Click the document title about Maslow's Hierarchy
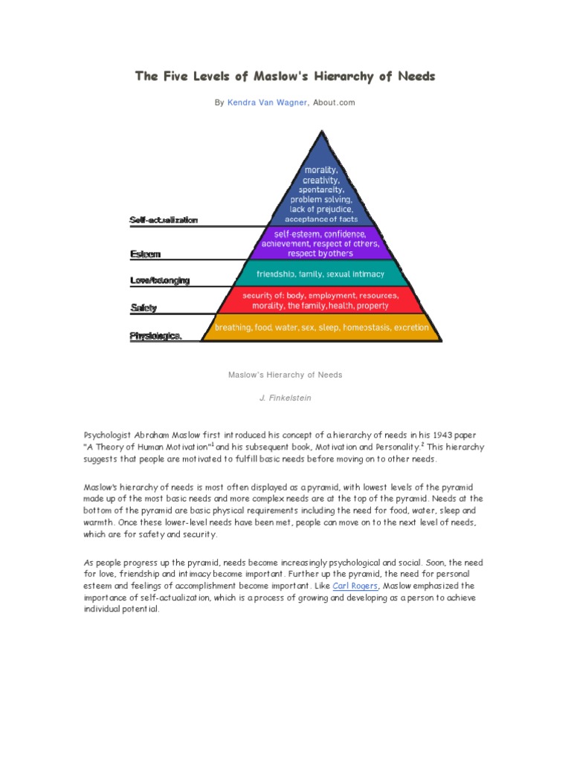285,77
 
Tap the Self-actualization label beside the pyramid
164,221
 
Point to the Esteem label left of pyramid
146,253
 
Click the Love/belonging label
160,280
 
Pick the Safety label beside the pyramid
143,307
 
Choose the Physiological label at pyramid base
155,336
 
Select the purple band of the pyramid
323,243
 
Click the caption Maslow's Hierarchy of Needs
285,375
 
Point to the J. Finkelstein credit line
285,398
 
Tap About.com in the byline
334,103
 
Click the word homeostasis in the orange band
355,327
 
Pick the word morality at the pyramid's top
323,170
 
